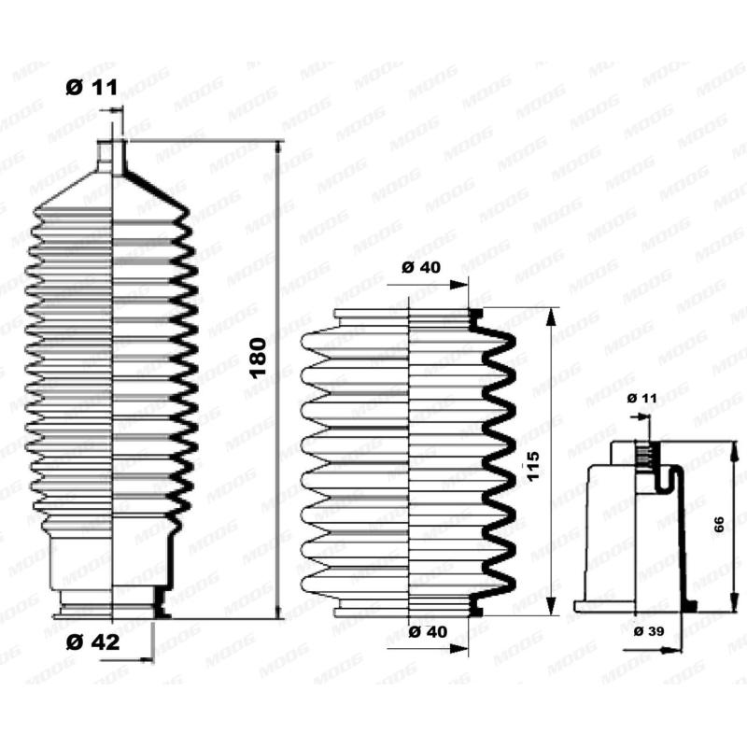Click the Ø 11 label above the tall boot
(x=91, y=89)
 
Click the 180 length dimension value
(x=259, y=356)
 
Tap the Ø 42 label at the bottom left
(x=92, y=641)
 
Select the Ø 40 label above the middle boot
(x=421, y=268)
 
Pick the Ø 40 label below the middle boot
(x=429, y=632)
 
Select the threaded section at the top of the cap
(x=643, y=458)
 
